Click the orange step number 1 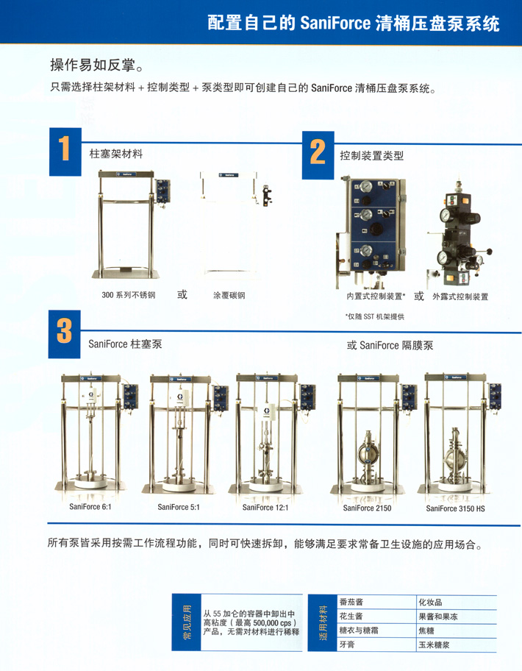coord(64,148)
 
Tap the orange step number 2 coord(318,152)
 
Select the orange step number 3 coord(64,331)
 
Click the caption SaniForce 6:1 coord(90,507)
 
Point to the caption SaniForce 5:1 coord(178,507)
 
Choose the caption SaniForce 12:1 coord(265,508)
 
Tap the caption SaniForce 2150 coord(367,508)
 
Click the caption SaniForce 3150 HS coord(455,508)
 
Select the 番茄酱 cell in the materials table coord(351,602)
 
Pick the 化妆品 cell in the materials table coord(430,603)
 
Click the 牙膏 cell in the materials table coord(347,645)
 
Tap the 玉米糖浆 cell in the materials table coord(434,645)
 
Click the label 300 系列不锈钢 coord(128,295)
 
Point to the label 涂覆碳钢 coord(229,295)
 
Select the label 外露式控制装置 coord(460,297)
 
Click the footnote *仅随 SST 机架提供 coord(375,316)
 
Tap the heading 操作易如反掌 coord(96,65)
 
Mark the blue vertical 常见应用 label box coord(187,622)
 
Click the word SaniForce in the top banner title coord(335,23)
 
